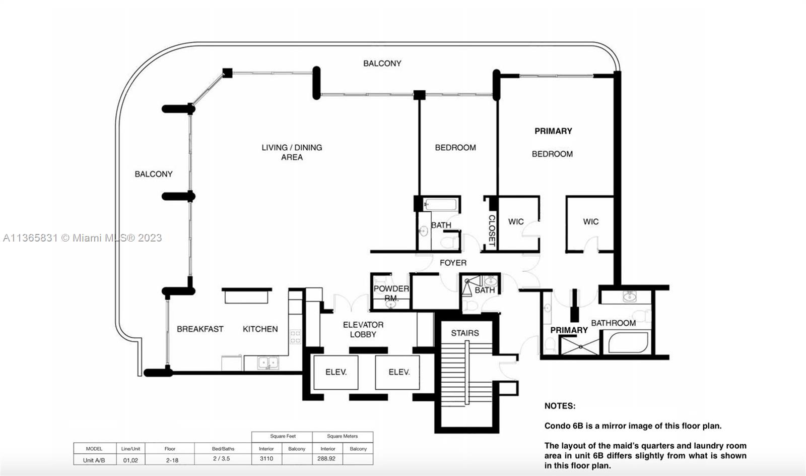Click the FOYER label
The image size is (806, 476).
tap(453, 263)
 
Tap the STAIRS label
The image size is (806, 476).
tap(465, 333)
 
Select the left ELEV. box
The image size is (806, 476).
tap(335, 372)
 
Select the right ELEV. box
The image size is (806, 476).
tap(397, 372)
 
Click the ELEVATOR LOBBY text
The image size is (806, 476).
tap(363, 329)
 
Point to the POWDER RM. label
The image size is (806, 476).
tap(391, 293)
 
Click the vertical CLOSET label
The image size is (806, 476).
tap(492, 230)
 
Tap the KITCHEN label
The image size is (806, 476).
tap(260, 329)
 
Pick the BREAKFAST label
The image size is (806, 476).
tap(200, 329)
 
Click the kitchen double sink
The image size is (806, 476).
tap(268, 363)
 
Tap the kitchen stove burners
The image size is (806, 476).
tap(295, 336)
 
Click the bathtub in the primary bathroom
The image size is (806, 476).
tap(628, 342)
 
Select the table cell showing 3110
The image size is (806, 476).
tap(266, 459)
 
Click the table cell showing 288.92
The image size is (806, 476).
tap(326, 459)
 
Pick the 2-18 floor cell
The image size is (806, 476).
tap(172, 460)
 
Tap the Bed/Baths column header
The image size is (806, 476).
tap(223, 449)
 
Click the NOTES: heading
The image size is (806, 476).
tap(560, 406)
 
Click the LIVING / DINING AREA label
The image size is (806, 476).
tap(292, 152)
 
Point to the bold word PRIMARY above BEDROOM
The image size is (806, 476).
tap(554, 131)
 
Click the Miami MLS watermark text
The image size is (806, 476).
tap(83, 238)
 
